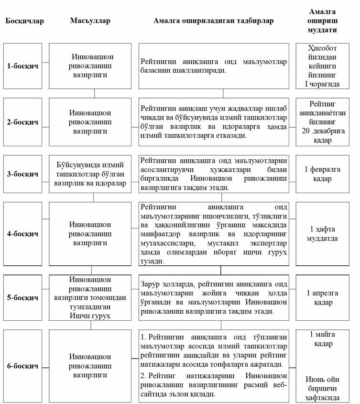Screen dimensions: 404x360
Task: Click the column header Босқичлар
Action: pos(25,21)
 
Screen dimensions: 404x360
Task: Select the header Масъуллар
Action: pos(90,21)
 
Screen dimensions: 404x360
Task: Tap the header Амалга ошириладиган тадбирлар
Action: pos(213,21)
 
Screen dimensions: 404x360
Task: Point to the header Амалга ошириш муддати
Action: pos(322,21)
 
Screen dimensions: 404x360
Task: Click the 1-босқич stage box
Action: pos(23,66)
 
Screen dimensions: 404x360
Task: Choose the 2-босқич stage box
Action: pos(23,122)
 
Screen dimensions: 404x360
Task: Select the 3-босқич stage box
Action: pos(23,174)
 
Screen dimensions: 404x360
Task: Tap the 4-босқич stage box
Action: pos(23,234)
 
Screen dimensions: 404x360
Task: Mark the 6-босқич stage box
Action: pos(23,366)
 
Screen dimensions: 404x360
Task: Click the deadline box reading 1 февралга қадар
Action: pos(323,174)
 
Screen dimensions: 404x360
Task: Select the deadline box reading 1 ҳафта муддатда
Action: pos(323,234)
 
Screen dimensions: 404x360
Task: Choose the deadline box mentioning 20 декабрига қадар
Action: pos(323,122)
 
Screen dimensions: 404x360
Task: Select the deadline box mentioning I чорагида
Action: pos(323,66)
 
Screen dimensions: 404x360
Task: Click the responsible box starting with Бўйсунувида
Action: pos(90,174)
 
